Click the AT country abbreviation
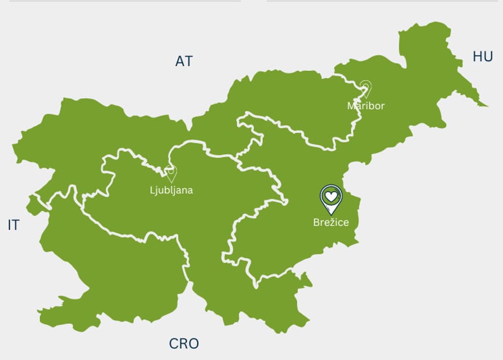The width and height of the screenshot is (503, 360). [x=184, y=61]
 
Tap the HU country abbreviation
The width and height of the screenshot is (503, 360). [x=483, y=56]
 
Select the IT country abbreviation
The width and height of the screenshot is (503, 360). [x=13, y=225]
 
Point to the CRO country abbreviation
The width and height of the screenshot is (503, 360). [x=184, y=344]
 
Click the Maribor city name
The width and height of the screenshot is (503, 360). [x=366, y=106]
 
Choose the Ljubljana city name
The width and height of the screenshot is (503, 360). [x=171, y=190]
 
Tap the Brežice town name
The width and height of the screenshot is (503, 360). [x=330, y=222]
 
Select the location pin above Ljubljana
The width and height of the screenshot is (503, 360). [x=171, y=173]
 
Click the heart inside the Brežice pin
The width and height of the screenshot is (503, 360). [x=331, y=196]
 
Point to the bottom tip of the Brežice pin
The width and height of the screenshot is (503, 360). [x=331, y=213]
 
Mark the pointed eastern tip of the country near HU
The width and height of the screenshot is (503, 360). [x=487, y=106]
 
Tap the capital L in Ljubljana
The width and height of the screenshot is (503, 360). [x=152, y=190]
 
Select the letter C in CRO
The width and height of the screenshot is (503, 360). [x=174, y=344]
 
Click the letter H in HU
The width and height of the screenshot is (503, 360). [x=477, y=56]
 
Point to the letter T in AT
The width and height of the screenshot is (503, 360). [x=188, y=61]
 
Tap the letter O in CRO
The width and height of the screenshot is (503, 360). [x=194, y=344]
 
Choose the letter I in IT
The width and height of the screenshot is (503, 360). [x=9, y=225]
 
